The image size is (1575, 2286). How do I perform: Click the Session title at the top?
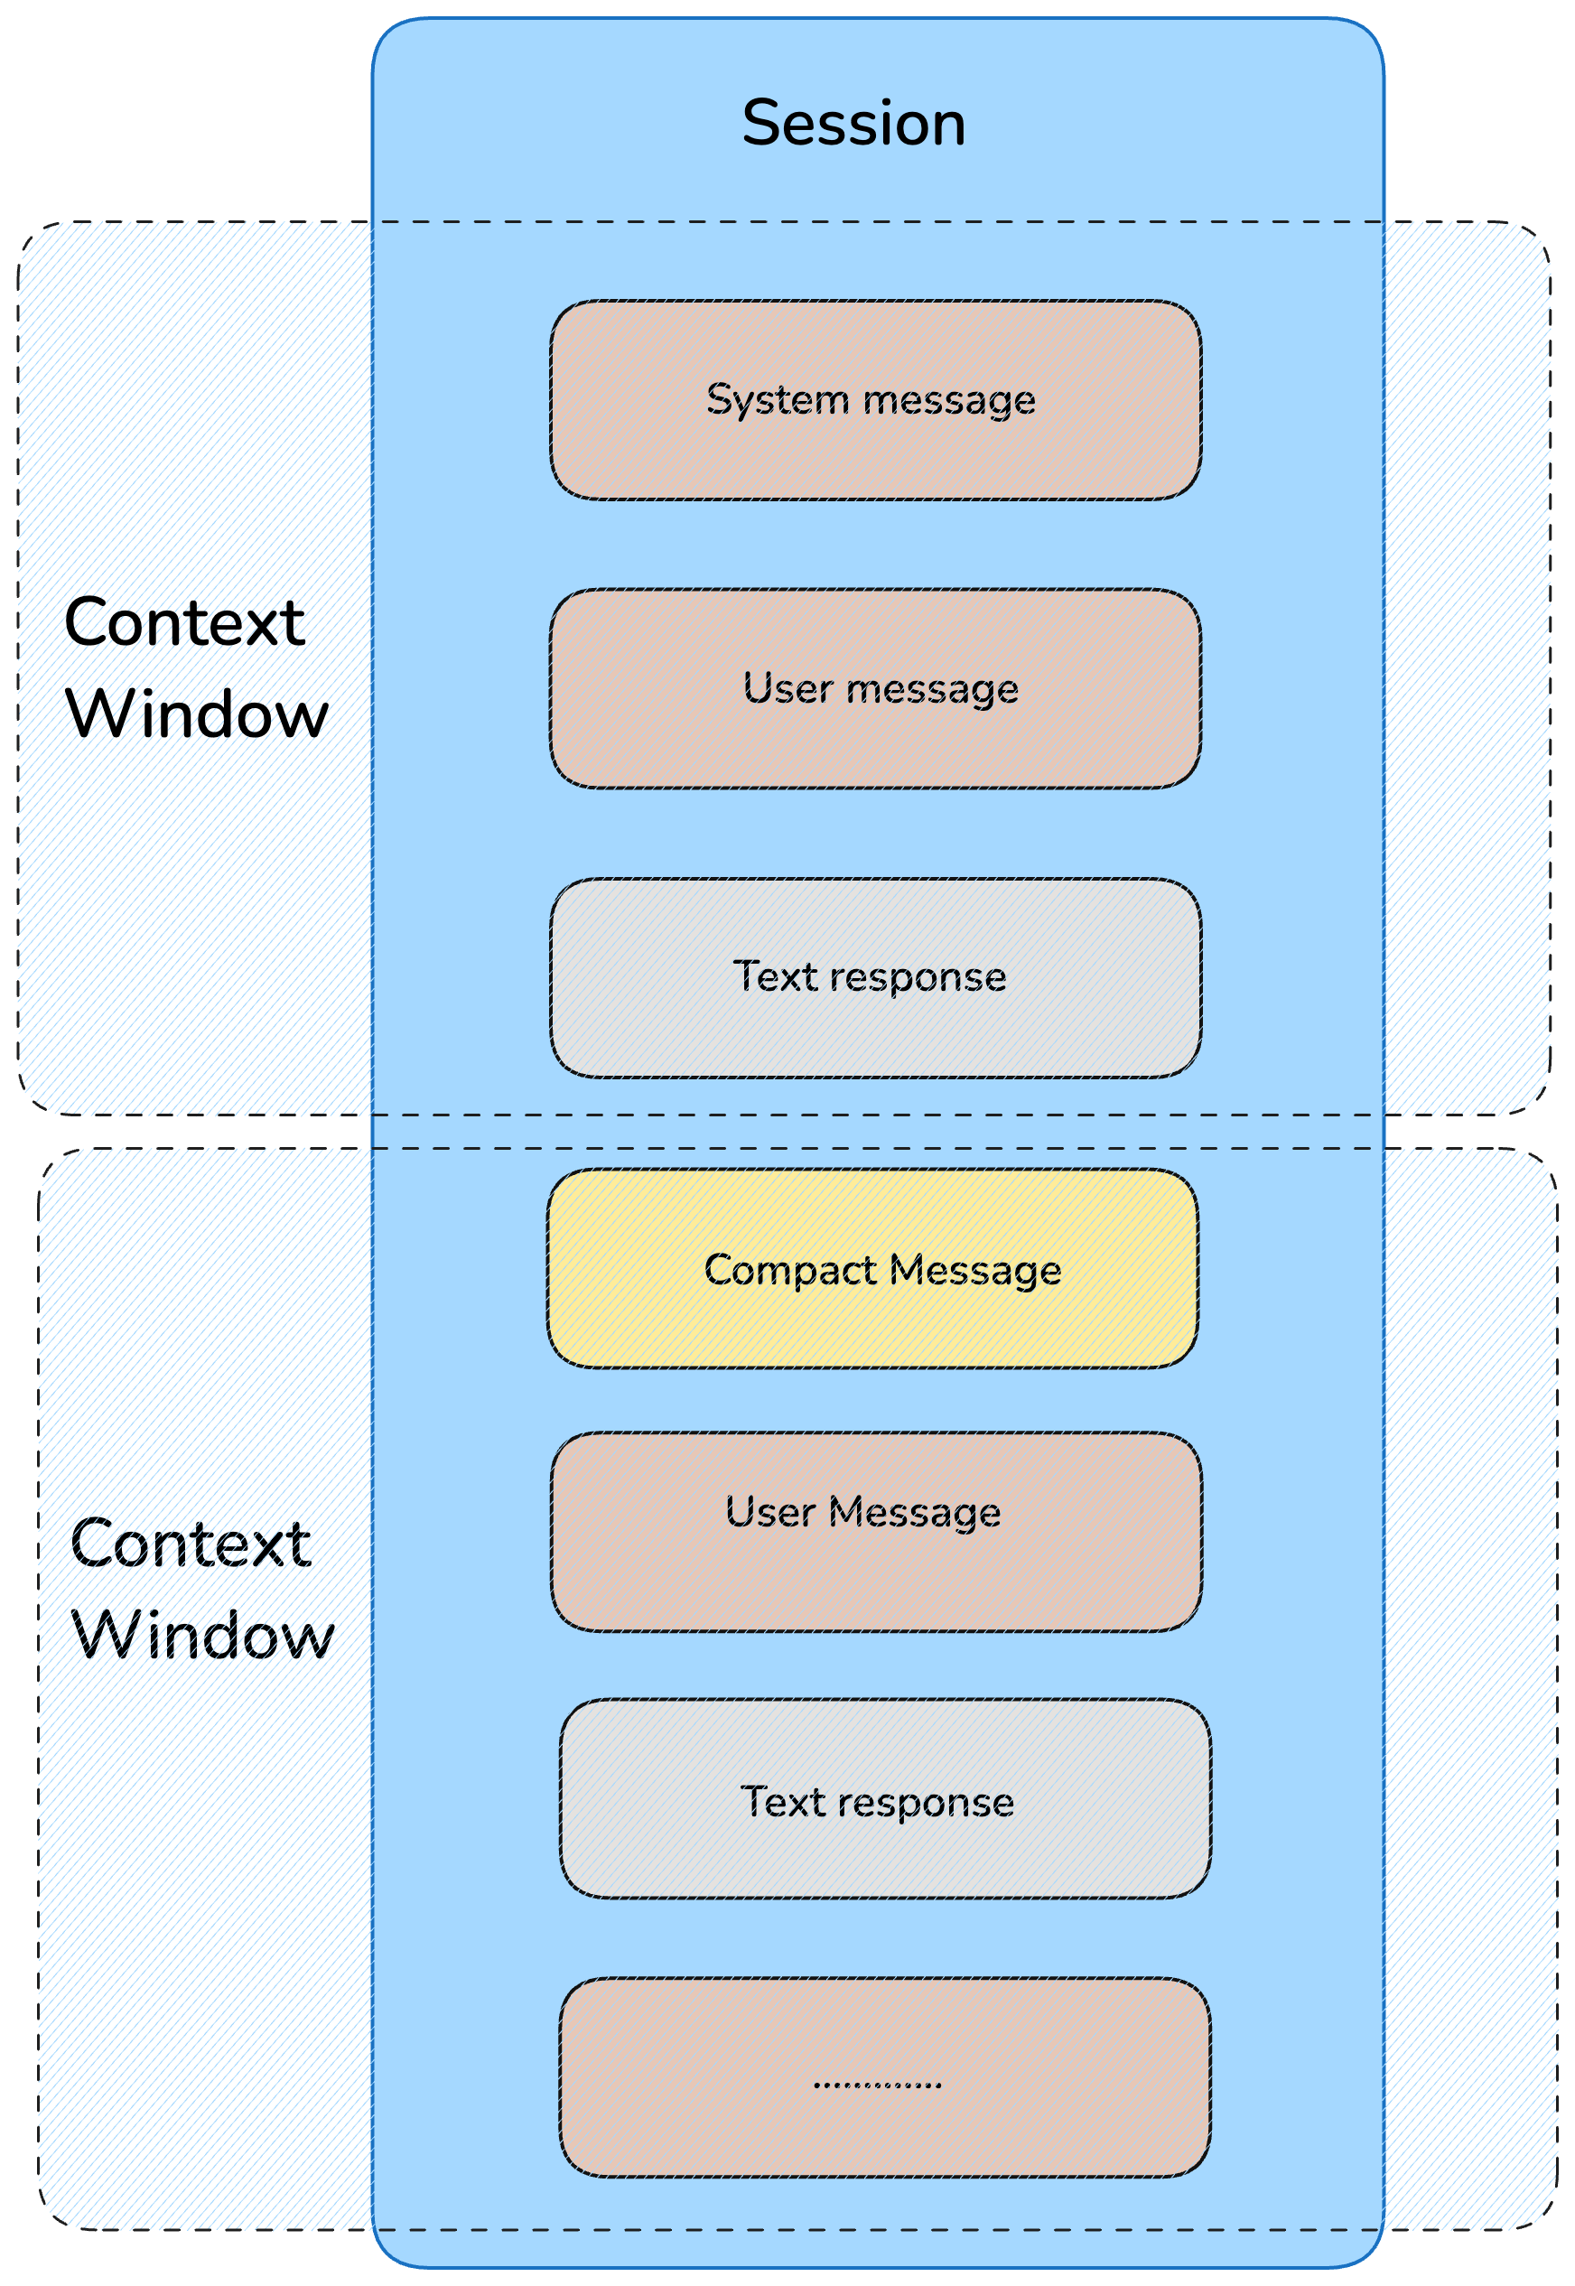pyautogui.click(x=853, y=125)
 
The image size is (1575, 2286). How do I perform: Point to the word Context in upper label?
pyautogui.click(x=184, y=624)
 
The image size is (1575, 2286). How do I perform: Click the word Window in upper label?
pyautogui.click(x=196, y=714)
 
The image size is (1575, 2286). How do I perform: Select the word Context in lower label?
pyautogui.click(x=191, y=1544)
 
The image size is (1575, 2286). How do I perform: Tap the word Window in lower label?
pyautogui.click(x=202, y=1636)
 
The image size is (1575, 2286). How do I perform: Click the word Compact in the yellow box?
pyautogui.click(x=789, y=1270)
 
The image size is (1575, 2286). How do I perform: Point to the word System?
pyautogui.click(x=777, y=401)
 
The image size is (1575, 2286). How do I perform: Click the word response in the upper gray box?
pyautogui.click(x=918, y=977)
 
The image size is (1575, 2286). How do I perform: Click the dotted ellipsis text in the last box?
pyautogui.click(x=877, y=2085)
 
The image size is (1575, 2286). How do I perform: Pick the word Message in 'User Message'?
pyautogui.click(x=914, y=1513)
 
